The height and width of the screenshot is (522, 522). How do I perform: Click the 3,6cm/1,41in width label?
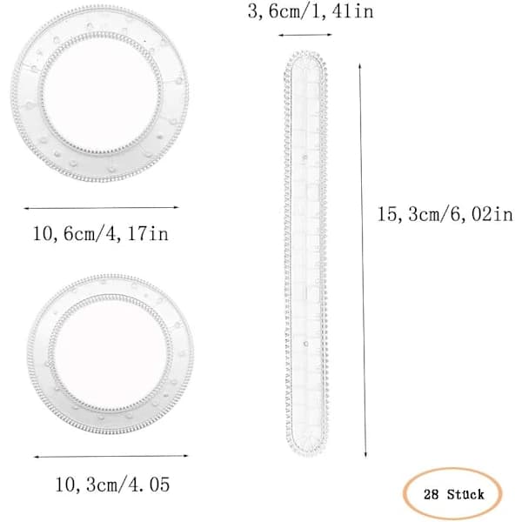311,12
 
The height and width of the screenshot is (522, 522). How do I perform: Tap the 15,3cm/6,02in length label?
445,214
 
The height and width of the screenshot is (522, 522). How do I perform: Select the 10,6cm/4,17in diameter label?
101,234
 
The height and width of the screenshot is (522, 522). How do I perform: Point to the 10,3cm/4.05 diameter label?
112,485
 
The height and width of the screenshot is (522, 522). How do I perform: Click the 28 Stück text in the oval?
454,494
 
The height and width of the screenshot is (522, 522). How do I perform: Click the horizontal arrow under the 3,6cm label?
305,35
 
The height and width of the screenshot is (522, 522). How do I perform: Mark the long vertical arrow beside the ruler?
363,260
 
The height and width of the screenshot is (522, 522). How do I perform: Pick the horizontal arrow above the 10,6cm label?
101,208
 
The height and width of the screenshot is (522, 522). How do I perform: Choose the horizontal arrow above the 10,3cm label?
111,457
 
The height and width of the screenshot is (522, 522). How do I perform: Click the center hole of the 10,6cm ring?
101,93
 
